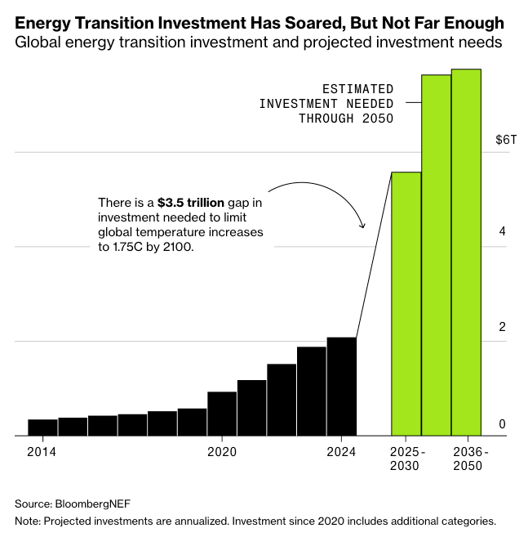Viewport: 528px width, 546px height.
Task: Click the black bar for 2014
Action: pyautogui.click(x=42, y=427)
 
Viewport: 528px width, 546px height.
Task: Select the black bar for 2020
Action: pyautogui.click(x=222, y=414)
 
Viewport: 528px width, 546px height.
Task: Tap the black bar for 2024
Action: pyautogui.click(x=341, y=387)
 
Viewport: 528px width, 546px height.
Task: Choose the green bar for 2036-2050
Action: pyautogui.click(x=466, y=253)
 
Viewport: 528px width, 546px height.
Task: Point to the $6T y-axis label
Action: pyautogui.click(x=506, y=140)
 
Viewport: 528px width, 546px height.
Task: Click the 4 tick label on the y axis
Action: pyautogui.click(x=503, y=232)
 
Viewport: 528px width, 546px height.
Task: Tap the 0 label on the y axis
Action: pyautogui.click(x=503, y=424)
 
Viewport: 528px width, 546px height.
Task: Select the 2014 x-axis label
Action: pyautogui.click(x=42, y=451)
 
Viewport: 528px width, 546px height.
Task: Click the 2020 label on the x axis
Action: pyautogui.click(x=222, y=451)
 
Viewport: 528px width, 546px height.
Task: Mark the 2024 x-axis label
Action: pyautogui.click(x=341, y=451)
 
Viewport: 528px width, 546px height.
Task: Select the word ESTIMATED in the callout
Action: pyautogui.click(x=357, y=88)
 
